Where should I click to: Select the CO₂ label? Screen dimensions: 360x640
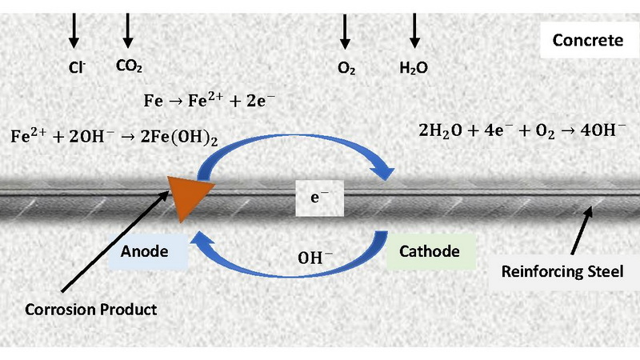click(129, 67)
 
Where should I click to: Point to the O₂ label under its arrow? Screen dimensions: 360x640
click(346, 69)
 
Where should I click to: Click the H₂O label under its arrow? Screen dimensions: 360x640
click(413, 69)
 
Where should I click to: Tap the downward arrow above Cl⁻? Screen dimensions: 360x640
click(74, 30)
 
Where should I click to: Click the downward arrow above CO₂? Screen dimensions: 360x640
click(127, 30)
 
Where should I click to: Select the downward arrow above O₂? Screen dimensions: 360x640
click(345, 30)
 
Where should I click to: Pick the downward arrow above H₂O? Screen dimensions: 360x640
click(414, 30)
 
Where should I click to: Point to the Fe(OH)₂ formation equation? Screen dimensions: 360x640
click(114, 136)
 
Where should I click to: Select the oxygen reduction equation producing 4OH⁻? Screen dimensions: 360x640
click(522, 130)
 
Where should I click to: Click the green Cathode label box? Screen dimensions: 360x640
click(429, 251)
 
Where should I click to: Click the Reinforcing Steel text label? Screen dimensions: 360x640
click(562, 272)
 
